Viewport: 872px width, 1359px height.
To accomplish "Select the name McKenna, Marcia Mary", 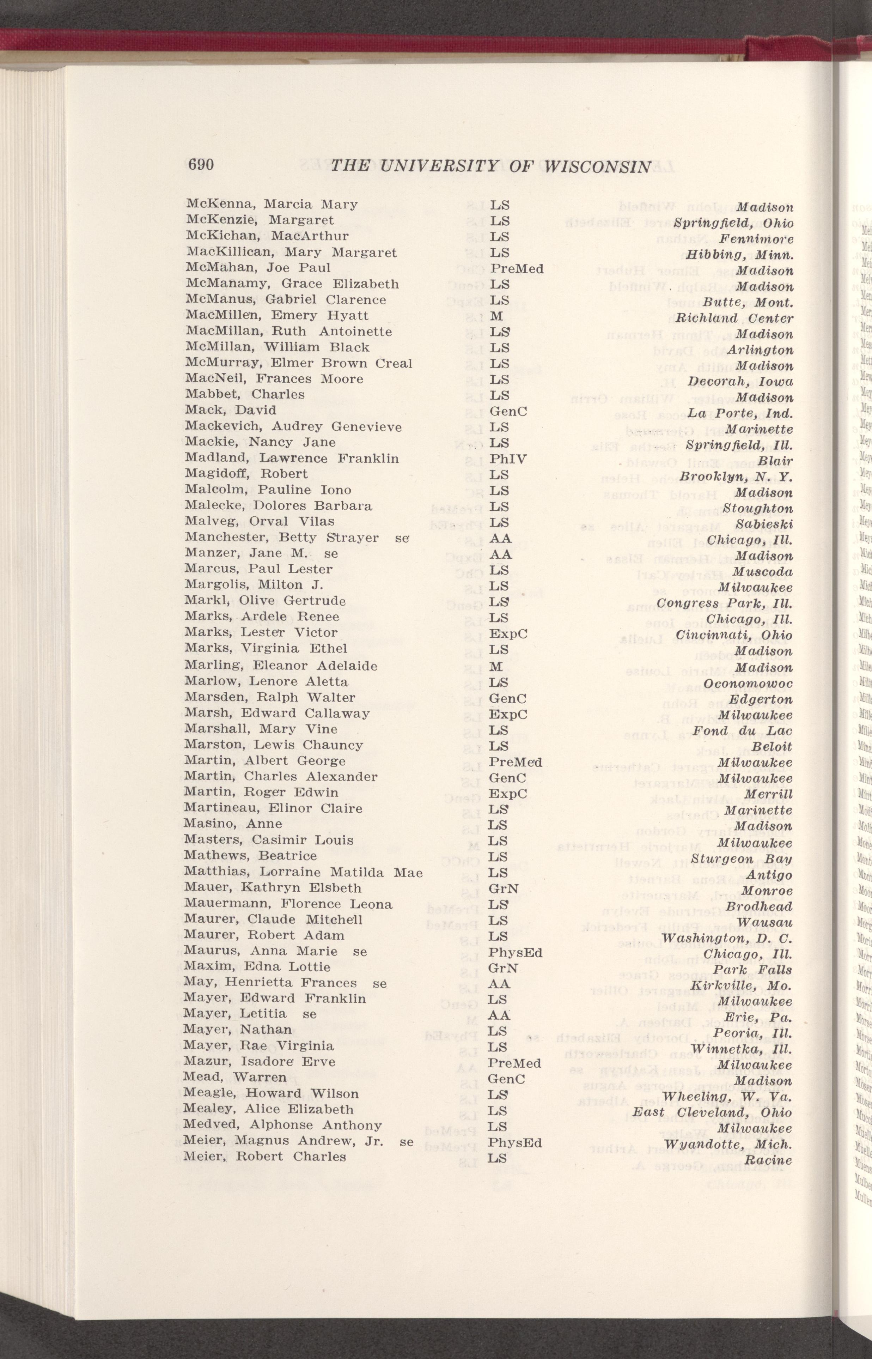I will click(272, 205).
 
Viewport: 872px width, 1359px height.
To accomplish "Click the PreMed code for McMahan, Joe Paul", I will click(517, 269).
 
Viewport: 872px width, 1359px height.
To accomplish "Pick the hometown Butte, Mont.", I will click(748, 302).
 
